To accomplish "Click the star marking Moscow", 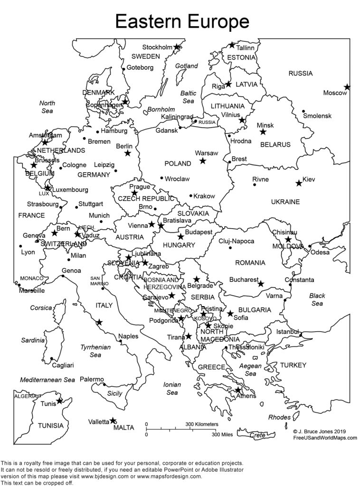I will (x=347, y=87).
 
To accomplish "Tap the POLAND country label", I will (x=178, y=163).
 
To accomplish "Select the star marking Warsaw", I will (x=203, y=161).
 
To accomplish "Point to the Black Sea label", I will (x=317, y=299).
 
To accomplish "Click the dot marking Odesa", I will (x=310, y=246).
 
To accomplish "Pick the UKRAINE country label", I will (x=285, y=202).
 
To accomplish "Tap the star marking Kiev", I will (x=299, y=183).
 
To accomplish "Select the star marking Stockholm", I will (x=177, y=47).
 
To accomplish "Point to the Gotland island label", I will (x=186, y=66).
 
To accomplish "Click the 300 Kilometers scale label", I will (x=201, y=424).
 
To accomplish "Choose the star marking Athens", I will (x=238, y=390).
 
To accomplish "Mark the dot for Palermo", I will (x=104, y=384).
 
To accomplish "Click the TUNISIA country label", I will (x=50, y=425).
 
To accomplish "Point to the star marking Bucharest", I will (x=261, y=284).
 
